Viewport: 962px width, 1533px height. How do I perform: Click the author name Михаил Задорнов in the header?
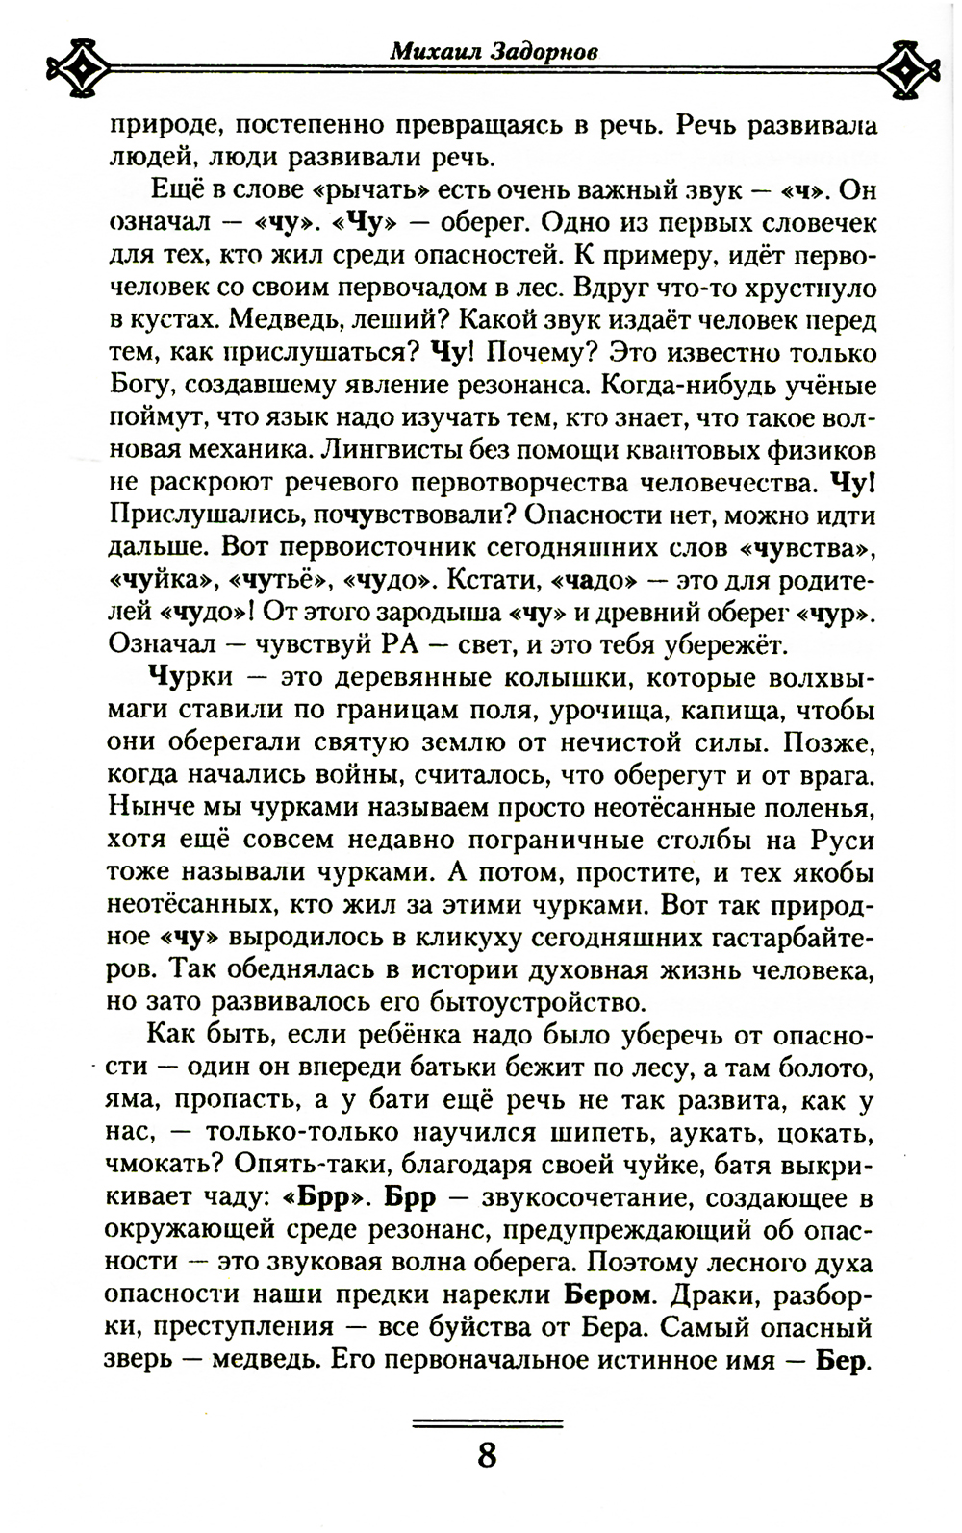[x=493, y=51]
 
